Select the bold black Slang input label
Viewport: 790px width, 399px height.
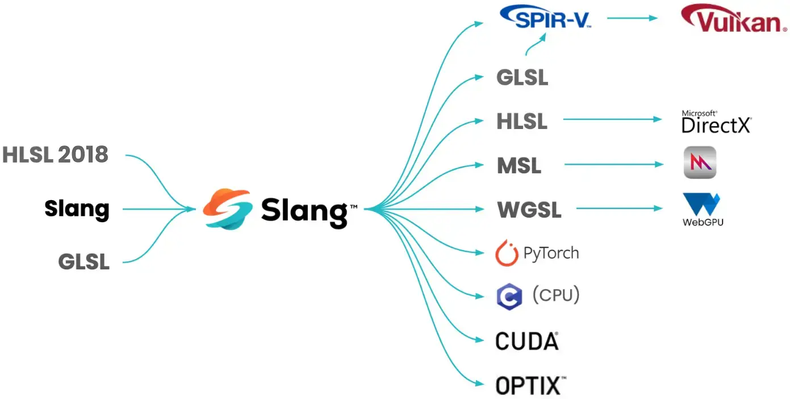(77, 209)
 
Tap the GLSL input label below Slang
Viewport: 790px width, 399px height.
(83, 262)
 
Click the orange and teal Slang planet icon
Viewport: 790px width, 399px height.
(227, 209)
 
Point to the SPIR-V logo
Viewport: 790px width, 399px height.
(545, 19)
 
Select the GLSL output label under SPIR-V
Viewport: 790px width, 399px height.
(522, 77)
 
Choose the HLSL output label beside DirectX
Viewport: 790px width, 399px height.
(522, 121)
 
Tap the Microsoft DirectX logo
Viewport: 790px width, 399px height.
(716, 122)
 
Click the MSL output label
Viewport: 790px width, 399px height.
(519, 166)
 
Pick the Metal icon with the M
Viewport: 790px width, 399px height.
(700, 163)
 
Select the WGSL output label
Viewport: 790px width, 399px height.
(529, 210)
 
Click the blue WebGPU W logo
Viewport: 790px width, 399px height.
(703, 205)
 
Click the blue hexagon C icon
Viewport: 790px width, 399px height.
(509, 297)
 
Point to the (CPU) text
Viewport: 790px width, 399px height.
(555, 294)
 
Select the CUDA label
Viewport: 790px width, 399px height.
(526, 341)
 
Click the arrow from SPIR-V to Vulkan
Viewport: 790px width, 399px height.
(632, 18)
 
